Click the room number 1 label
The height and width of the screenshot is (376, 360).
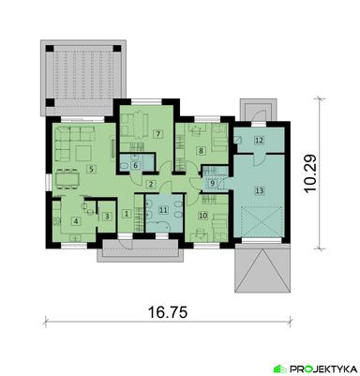[x=127, y=214]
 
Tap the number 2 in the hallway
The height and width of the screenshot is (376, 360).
[x=149, y=183]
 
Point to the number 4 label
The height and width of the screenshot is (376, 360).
[x=75, y=222]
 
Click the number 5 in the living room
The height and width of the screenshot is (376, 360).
[x=91, y=169]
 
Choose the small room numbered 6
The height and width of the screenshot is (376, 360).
[x=136, y=166]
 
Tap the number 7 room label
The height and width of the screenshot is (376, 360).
[x=158, y=135]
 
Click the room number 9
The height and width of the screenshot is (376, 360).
[x=212, y=183]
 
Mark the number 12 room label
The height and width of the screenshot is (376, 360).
[x=259, y=141]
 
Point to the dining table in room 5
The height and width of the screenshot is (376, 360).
[x=67, y=175]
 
